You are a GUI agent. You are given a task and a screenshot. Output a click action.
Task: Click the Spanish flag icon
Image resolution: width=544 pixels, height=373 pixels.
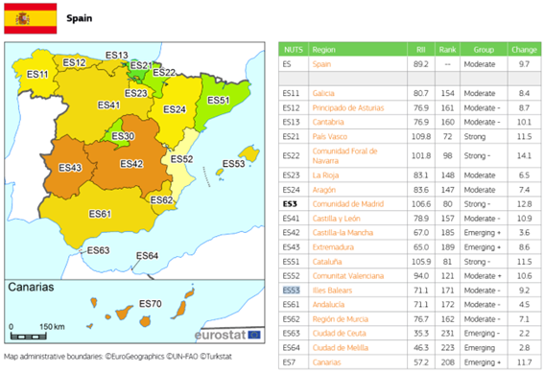tap(30, 16)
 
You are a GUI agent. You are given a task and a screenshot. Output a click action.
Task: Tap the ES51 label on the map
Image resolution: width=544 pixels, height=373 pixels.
tap(219, 100)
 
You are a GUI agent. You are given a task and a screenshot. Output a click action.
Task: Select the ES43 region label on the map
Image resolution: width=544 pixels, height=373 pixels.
tap(70, 168)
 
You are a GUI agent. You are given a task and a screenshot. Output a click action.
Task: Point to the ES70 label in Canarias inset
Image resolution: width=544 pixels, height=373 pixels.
tap(150, 304)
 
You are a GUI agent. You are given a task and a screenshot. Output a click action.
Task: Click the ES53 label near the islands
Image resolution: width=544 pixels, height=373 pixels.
tap(233, 164)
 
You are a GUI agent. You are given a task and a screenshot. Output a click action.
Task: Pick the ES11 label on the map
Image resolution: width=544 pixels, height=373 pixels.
tap(38, 74)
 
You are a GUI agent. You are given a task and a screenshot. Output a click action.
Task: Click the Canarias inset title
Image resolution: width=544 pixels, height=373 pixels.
tap(31, 287)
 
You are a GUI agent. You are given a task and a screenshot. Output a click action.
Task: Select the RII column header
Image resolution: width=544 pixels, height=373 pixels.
tap(420, 48)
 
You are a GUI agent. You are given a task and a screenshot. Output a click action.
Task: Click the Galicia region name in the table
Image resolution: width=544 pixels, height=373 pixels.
tap(323, 93)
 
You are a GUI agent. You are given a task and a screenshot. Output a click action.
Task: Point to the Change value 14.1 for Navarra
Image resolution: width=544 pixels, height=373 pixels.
tap(523, 155)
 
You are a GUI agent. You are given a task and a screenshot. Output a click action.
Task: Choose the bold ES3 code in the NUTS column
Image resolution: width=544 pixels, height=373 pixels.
tap(290, 203)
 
